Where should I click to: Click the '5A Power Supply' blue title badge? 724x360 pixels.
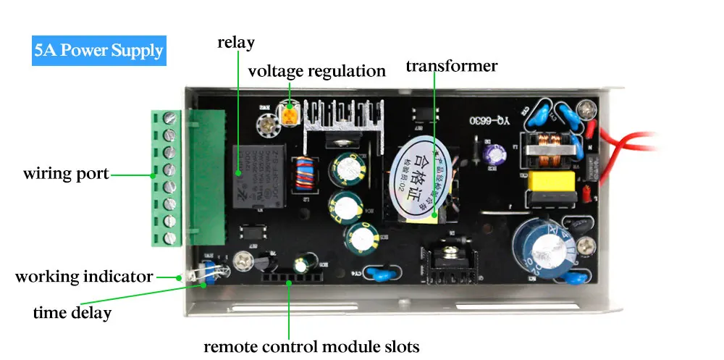click(98, 51)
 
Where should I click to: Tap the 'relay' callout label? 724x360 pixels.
click(236, 43)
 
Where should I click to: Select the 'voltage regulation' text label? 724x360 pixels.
click(316, 71)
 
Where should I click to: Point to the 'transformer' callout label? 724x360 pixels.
click(451, 67)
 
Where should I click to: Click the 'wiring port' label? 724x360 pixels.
click(66, 174)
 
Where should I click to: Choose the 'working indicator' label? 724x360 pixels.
click(84, 277)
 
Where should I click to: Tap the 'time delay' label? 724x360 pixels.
click(72, 313)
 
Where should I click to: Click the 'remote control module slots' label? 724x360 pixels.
click(311, 346)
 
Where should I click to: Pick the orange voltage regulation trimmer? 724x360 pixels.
click(290, 114)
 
